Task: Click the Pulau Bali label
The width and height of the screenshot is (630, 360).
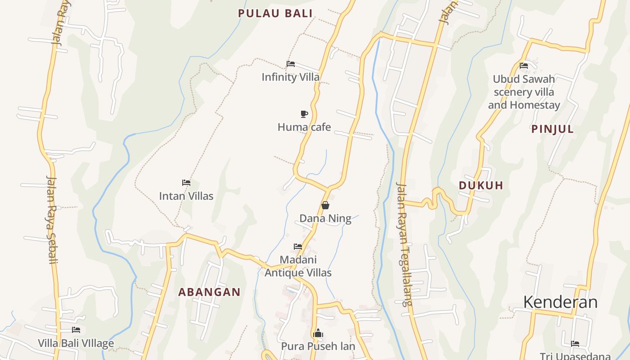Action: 275,13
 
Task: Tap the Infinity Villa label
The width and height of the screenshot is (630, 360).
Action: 291,77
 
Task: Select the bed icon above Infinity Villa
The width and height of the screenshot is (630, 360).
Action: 291,64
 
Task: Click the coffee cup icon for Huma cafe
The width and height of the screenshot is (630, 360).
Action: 304,114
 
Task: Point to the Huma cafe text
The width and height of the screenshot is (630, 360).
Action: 304,127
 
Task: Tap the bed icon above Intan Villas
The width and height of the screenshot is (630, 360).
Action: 186,183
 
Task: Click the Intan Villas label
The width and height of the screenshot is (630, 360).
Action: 186,196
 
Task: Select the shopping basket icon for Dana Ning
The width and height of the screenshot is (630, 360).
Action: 325,206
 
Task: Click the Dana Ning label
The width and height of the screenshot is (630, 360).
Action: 325,219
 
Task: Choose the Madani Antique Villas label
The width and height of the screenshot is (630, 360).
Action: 298,266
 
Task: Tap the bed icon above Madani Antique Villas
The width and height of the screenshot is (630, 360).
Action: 298,247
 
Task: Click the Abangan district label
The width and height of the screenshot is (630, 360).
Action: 209,292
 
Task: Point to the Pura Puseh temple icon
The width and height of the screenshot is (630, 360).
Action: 318,333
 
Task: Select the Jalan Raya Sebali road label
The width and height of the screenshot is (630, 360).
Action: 52,219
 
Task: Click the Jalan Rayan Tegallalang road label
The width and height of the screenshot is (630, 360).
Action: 404,244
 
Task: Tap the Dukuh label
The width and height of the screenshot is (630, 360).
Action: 481,185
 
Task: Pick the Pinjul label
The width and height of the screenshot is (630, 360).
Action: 553,129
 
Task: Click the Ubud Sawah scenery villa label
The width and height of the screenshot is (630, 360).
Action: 524,92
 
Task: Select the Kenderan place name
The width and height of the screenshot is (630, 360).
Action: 560,302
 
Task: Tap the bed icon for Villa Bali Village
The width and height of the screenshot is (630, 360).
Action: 76,330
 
